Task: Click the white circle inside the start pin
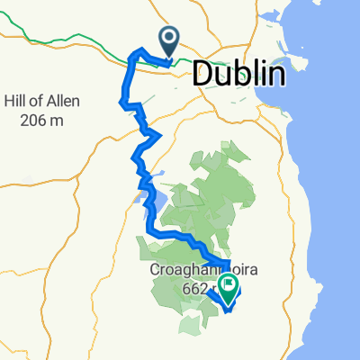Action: pyautogui.click(x=169, y=37)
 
